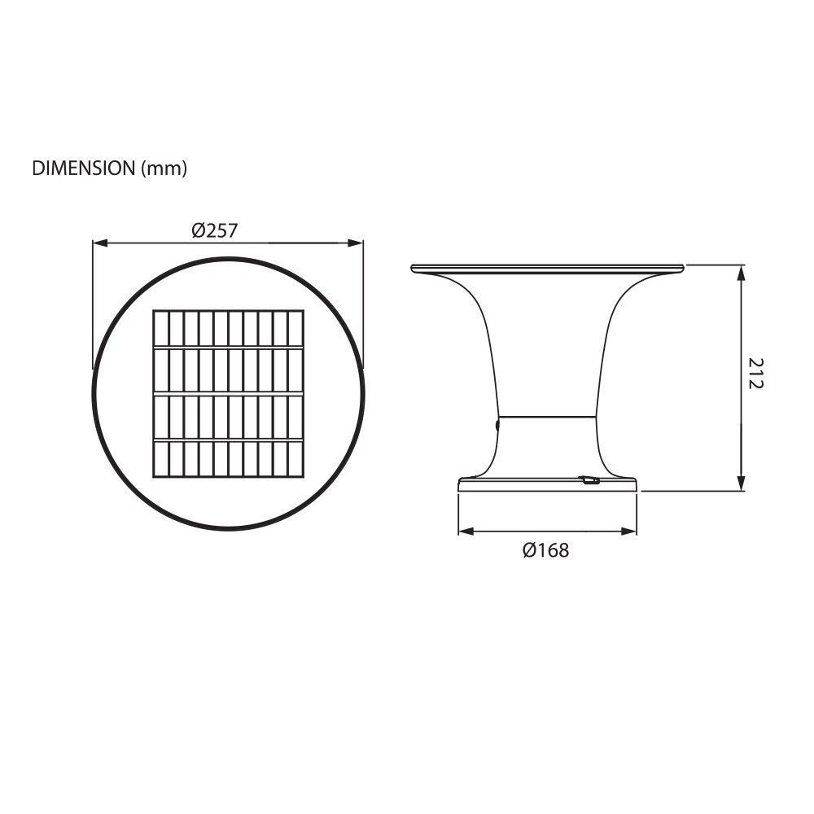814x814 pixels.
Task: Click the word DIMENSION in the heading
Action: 84,168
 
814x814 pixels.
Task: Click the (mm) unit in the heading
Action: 164,168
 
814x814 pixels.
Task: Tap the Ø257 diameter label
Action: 214,230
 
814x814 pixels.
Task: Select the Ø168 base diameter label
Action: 545,550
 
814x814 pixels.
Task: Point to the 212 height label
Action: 756,373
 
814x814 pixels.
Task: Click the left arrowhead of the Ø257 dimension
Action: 99,243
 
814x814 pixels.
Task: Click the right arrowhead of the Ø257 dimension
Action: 356,243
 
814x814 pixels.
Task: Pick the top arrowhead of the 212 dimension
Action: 742,273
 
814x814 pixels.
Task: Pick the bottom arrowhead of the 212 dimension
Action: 742,484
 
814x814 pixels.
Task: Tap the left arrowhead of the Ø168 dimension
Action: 466,531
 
